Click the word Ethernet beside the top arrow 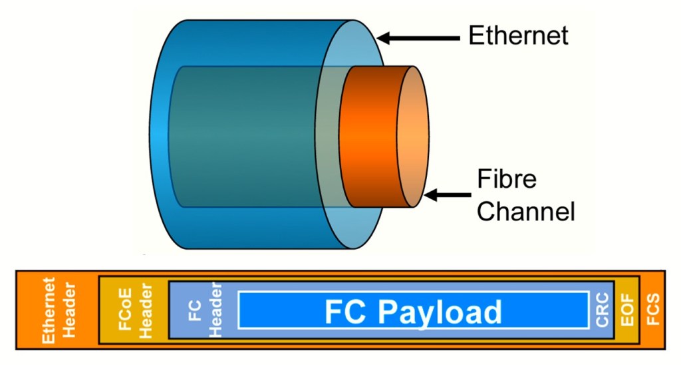518,36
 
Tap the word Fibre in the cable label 507,180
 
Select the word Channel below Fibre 525,212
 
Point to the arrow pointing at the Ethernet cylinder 419,39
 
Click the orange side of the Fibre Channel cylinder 369,137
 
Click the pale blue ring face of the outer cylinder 326,133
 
